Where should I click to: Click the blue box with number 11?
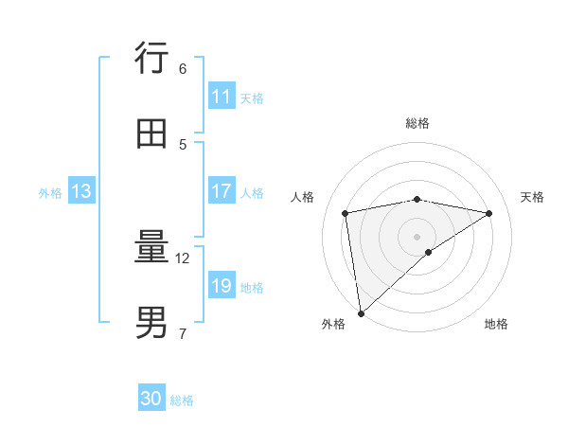pyautogui.click(x=222, y=97)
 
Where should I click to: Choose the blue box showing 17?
pyautogui.click(x=222, y=191)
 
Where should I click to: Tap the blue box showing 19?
pyautogui.click(x=222, y=286)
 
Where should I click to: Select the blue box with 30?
pyautogui.click(x=151, y=399)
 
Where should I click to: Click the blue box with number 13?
pyautogui.click(x=80, y=191)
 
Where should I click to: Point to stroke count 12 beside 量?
pyautogui.click(x=184, y=258)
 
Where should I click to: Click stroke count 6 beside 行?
pyautogui.click(x=183, y=68)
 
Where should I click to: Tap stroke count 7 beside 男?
pyautogui.click(x=183, y=333)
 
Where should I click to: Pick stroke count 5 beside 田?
pyautogui.click(x=183, y=144)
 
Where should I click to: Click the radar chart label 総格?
pyautogui.click(x=417, y=123)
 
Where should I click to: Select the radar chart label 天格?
pyautogui.click(x=532, y=197)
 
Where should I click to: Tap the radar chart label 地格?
pyautogui.click(x=496, y=324)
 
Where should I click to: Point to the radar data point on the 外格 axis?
pyautogui.click(x=361, y=312)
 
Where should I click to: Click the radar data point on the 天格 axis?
pyautogui.click(x=489, y=213)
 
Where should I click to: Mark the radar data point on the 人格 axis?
pyautogui.click(x=346, y=213)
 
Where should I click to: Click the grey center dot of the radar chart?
pyautogui.click(x=417, y=236)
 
